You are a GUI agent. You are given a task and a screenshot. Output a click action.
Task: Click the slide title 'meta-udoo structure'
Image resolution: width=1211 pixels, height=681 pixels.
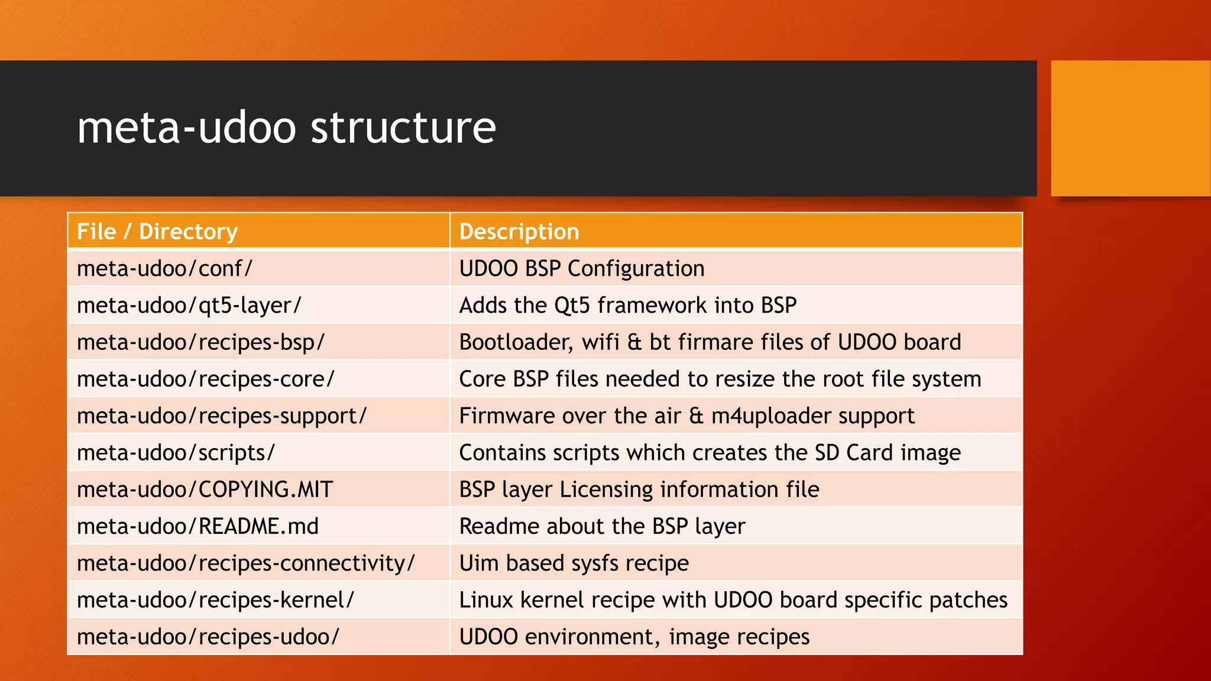pyautogui.click(x=286, y=128)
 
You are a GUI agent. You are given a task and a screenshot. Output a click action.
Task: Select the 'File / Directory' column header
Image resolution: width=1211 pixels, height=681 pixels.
pyautogui.click(x=157, y=232)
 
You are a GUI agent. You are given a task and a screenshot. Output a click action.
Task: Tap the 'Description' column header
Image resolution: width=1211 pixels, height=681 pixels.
pyautogui.click(x=519, y=232)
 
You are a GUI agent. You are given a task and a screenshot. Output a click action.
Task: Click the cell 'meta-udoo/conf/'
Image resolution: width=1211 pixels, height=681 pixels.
pyautogui.click(x=164, y=269)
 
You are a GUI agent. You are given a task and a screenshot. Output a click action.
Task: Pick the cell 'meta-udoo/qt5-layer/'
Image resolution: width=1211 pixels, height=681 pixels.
pyautogui.click(x=189, y=306)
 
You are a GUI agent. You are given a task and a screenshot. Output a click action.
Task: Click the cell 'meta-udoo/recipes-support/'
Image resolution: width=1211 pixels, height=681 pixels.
pyautogui.click(x=222, y=416)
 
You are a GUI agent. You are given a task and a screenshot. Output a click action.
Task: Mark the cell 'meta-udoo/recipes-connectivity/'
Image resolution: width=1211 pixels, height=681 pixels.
pyautogui.click(x=245, y=563)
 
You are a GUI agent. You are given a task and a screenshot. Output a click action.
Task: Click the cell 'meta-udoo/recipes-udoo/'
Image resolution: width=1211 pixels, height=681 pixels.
pyautogui.click(x=208, y=637)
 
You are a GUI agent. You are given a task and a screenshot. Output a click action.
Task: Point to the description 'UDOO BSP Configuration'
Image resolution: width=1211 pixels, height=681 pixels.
pyautogui.click(x=582, y=269)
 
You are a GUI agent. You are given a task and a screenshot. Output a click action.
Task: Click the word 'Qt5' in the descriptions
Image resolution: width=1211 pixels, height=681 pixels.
pyautogui.click(x=571, y=306)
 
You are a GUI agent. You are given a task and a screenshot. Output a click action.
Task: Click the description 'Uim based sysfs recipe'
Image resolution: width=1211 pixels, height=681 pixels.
pyautogui.click(x=574, y=563)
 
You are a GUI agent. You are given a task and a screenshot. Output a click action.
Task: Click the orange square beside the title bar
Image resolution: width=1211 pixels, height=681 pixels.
pyautogui.click(x=1131, y=128)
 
